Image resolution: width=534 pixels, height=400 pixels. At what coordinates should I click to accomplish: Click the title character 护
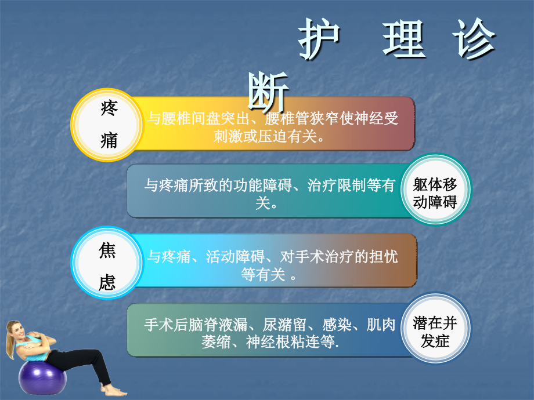(x=318, y=41)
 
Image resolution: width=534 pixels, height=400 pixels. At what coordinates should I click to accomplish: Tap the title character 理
(x=404, y=41)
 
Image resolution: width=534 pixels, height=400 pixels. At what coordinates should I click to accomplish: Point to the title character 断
(x=267, y=92)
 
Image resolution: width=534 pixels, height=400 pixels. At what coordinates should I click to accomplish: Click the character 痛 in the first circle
(x=109, y=140)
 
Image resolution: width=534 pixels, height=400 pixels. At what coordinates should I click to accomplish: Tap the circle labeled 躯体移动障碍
(x=435, y=193)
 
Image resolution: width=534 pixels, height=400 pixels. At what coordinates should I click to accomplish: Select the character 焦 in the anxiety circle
(x=107, y=250)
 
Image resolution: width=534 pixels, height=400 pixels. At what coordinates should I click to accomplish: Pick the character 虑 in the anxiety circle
(x=107, y=282)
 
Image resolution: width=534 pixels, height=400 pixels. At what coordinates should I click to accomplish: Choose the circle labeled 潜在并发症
(x=435, y=331)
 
